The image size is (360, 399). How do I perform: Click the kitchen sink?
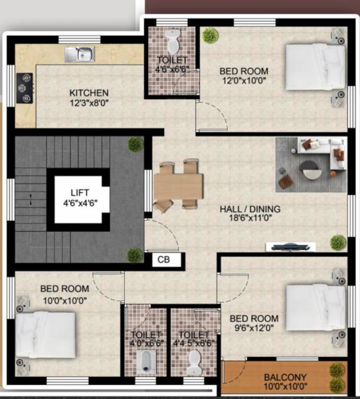[x=79, y=53]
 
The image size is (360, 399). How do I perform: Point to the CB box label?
[x=163, y=260]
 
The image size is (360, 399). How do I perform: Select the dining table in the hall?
[x=178, y=185]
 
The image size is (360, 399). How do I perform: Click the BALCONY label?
[x=285, y=378]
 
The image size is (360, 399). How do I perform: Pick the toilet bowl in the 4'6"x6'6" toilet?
[x=173, y=44]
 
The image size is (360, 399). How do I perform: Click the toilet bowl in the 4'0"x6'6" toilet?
[x=145, y=362]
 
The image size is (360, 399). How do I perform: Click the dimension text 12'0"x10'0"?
[x=244, y=82]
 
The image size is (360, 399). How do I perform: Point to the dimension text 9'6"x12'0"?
[x=256, y=329]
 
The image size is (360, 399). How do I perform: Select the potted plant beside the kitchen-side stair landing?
[x=135, y=144]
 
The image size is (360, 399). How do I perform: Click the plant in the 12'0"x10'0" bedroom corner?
[x=211, y=36]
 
